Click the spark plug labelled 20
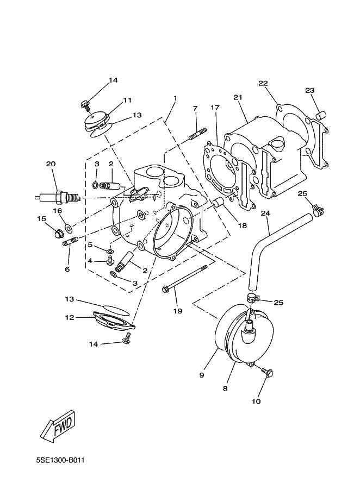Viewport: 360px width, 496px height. (x=57, y=198)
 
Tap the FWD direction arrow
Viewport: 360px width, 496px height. (x=59, y=425)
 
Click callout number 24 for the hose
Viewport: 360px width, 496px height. (x=265, y=214)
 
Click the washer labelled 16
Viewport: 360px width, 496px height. (x=68, y=227)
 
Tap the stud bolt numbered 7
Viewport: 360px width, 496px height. (x=198, y=134)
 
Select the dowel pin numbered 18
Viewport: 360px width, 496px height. (x=219, y=203)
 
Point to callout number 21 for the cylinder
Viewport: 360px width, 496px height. (x=238, y=97)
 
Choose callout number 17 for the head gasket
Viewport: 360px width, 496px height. (x=215, y=108)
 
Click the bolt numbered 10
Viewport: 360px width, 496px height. (x=268, y=373)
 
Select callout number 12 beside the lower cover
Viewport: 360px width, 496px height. (x=70, y=317)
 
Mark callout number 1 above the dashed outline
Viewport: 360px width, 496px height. (x=175, y=98)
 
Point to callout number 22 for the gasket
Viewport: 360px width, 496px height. (x=263, y=83)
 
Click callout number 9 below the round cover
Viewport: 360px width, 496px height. (x=202, y=375)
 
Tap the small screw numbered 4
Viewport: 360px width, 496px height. (x=110, y=261)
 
